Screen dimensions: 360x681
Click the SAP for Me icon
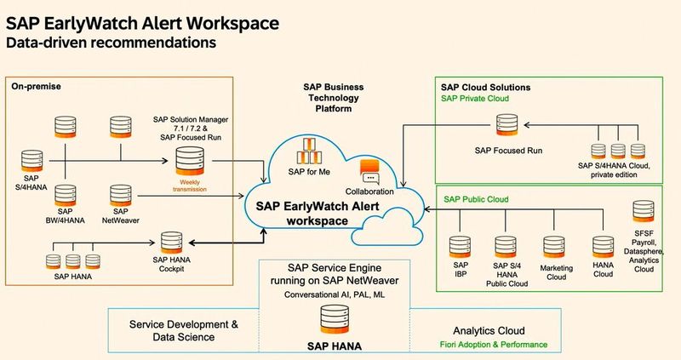pyautogui.click(x=306, y=157)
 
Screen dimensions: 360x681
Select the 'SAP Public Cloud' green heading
pyautogui.click(x=476, y=198)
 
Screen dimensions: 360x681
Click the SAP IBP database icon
pyautogui.click(x=461, y=247)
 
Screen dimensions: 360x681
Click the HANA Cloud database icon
pyautogui.click(x=603, y=247)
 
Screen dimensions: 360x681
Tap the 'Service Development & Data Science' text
pyautogui.click(x=183, y=331)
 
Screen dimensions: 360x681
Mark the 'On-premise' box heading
pyautogui.click(x=37, y=86)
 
